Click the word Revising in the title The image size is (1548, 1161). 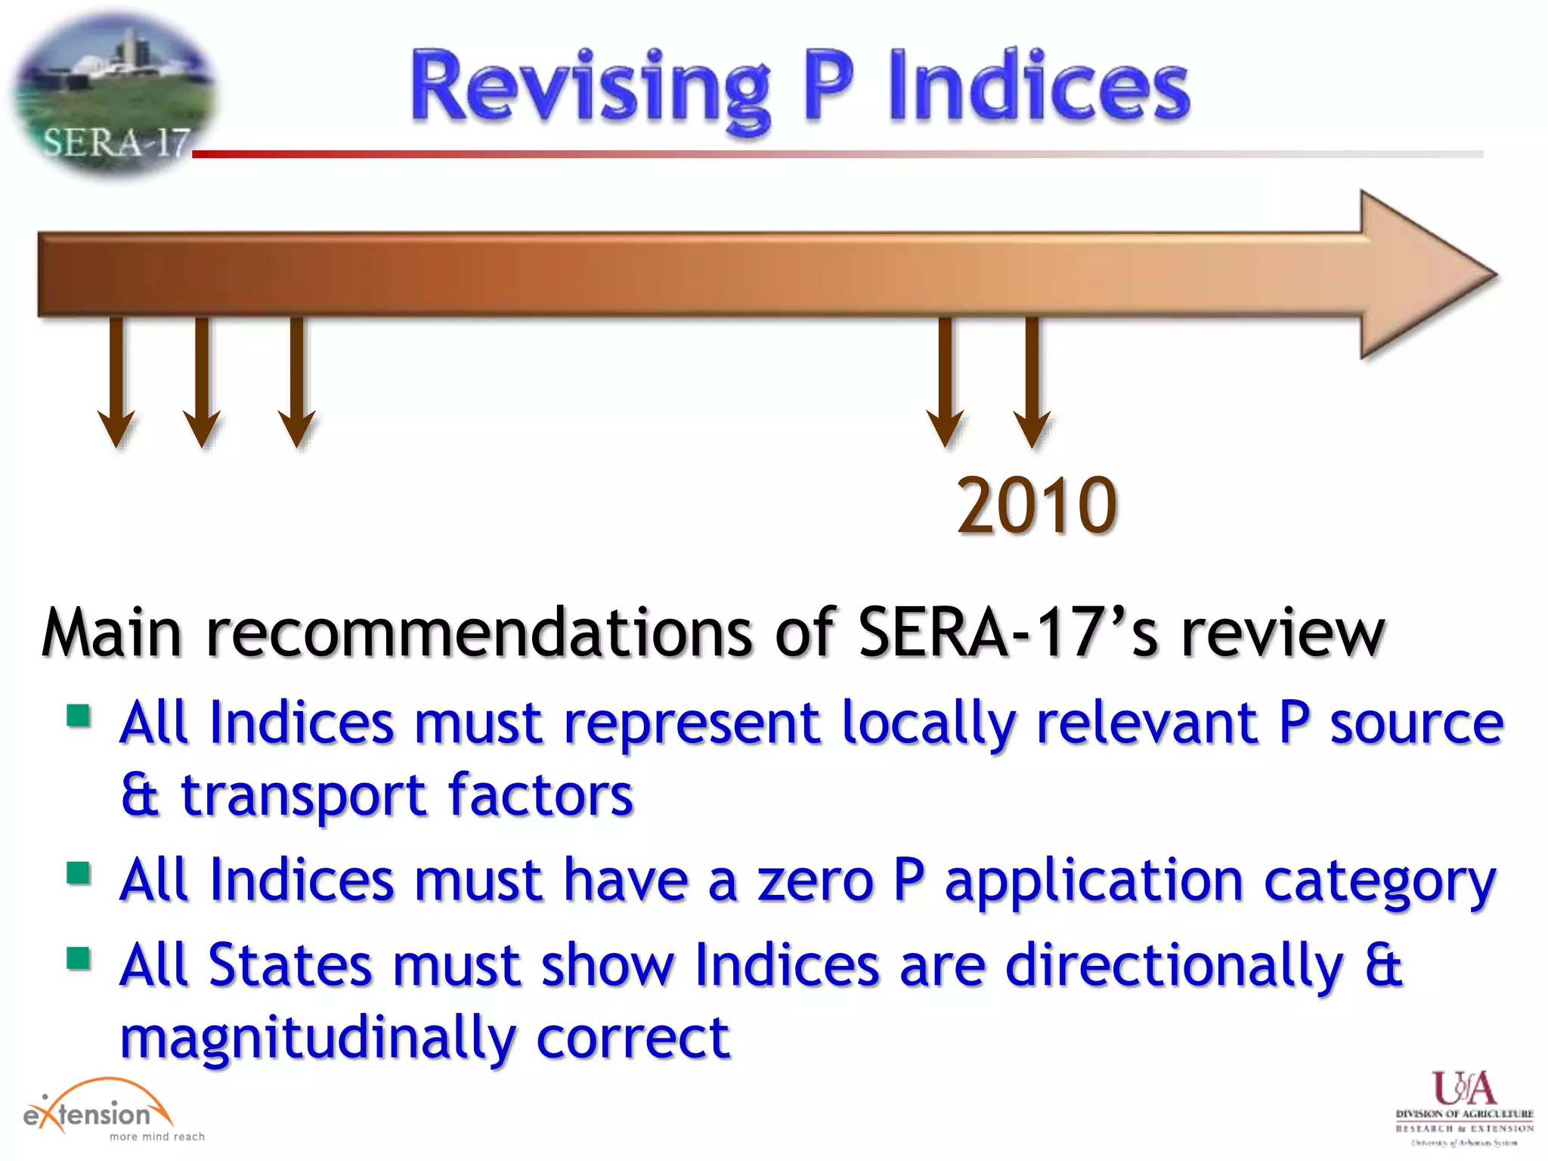click(590, 87)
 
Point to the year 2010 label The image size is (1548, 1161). click(1036, 505)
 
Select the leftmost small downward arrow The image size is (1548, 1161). click(116, 382)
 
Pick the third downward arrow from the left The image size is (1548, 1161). click(297, 382)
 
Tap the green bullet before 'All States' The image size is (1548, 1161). click(79, 958)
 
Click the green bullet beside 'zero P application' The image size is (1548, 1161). click(79, 873)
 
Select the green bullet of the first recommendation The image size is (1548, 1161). click(79, 714)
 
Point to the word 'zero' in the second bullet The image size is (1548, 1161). click(815, 881)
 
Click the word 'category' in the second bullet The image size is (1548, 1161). click(1379, 883)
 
